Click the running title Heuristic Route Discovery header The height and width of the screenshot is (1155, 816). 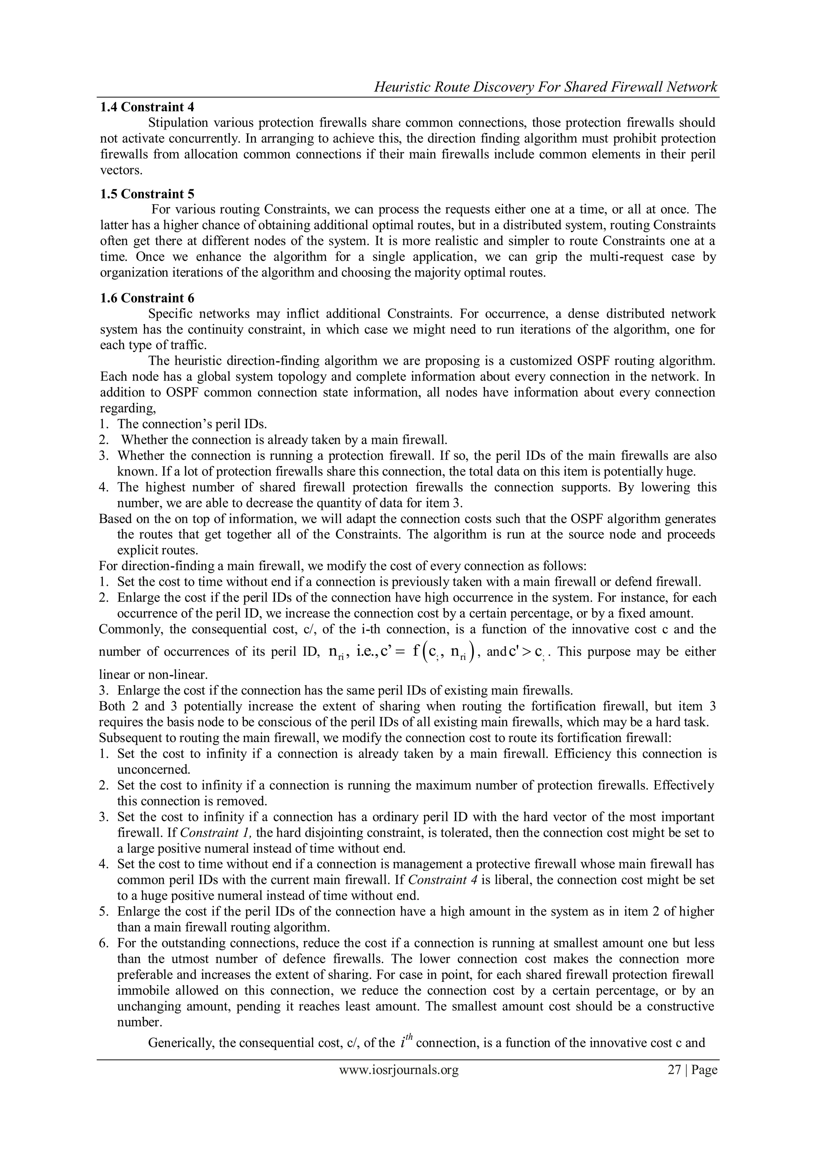click(545, 88)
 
